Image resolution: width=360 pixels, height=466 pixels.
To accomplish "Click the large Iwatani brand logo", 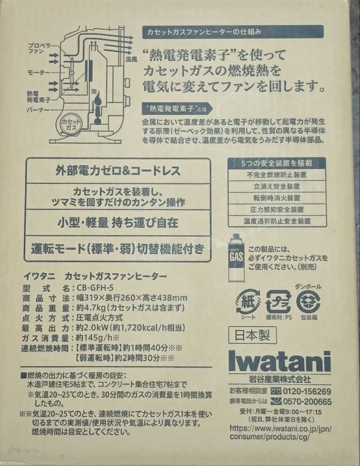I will tap(279, 361).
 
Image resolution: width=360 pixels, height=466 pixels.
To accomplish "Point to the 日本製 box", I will tap(252, 335).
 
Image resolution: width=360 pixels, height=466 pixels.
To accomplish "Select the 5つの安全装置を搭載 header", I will tap(277, 164).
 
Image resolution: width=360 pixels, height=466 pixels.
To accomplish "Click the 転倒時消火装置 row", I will tap(277, 198).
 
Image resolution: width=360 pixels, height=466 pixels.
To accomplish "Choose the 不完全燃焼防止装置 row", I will tap(277, 175).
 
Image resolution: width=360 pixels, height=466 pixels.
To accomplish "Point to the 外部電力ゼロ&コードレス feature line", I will tap(118, 171).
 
